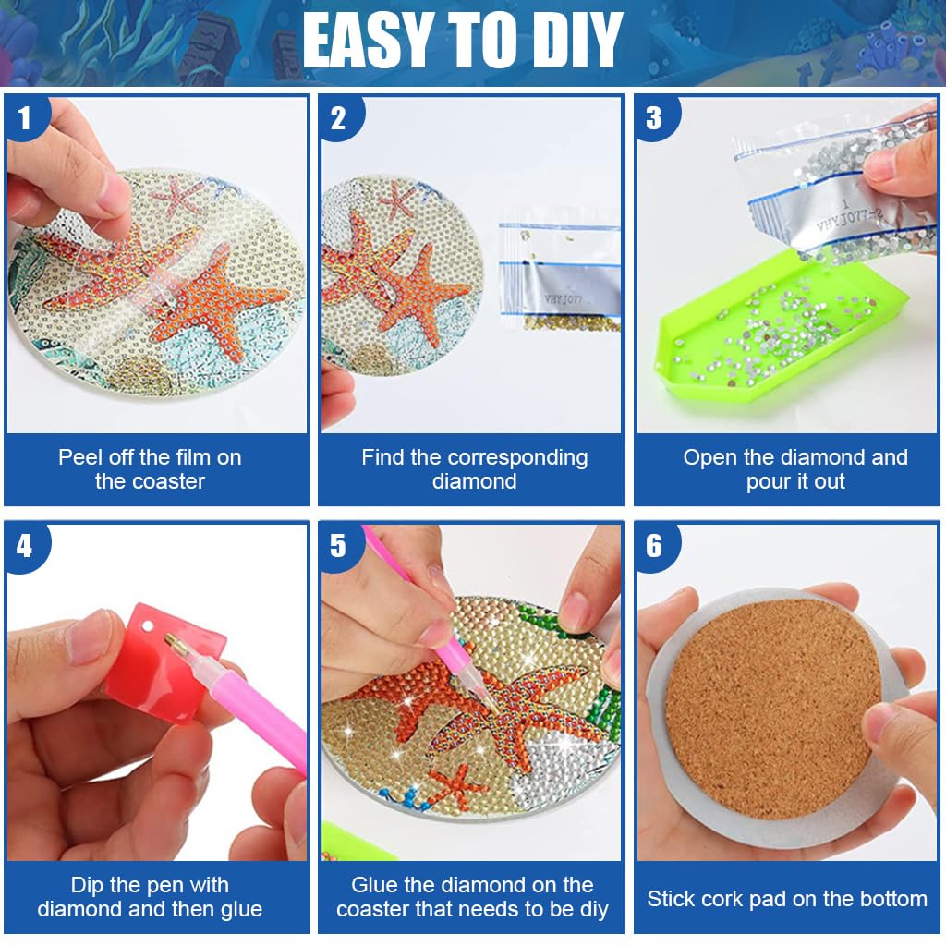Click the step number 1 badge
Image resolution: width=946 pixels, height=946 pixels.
(24, 118)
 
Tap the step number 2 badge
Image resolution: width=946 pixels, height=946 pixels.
(339, 118)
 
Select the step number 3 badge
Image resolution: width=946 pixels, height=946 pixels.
(654, 118)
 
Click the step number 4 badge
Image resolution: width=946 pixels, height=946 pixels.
(24, 546)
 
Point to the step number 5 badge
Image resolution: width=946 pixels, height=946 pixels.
(339, 546)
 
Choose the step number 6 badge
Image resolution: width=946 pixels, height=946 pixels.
(654, 546)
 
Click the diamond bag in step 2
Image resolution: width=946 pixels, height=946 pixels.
(559, 277)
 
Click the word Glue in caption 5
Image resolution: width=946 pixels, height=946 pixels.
(373, 885)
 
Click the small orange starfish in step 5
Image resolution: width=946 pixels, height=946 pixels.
(456, 788)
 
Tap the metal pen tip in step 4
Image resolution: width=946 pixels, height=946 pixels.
(175, 641)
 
